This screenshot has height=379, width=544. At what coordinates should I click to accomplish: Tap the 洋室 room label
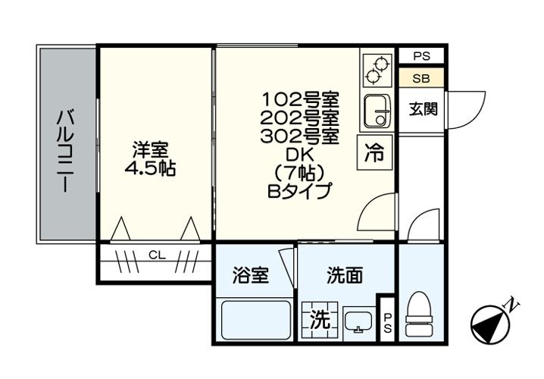pyautogui.click(x=150, y=149)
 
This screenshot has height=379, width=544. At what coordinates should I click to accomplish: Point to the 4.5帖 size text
pyautogui.click(x=150, y=168)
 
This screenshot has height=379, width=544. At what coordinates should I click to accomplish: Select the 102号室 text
pyautogui.click(x=300, y=99)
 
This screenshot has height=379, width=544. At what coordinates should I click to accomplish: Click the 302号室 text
pyautogui.click(x=300, y=136)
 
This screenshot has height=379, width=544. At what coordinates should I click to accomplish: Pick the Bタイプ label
pyautogui.click(x=300, y=192)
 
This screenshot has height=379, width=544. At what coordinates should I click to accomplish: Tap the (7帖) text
pyautogui.click(x=300, y=174)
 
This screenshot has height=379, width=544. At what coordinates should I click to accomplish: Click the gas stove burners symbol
pyautogui.click(x=377, y=69)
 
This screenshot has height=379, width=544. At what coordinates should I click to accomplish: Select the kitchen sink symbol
pyautogui.click(x=377, y=111)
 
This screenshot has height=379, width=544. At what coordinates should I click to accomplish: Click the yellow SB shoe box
pyautogui.click(x=421, y=78)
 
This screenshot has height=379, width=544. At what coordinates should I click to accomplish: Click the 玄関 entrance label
pyautogui.click(x=423, y=109)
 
